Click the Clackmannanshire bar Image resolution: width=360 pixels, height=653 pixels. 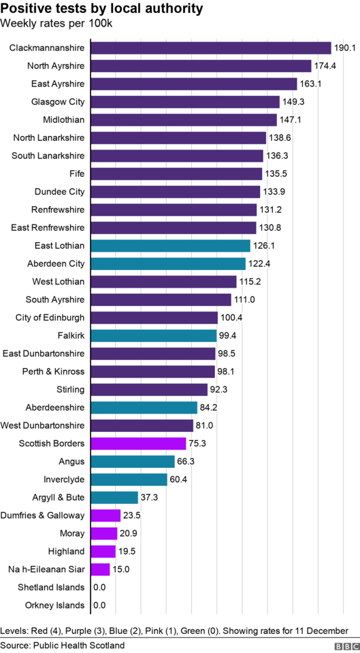(x=211, y=48)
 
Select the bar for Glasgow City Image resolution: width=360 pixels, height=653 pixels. (x=185, y=101)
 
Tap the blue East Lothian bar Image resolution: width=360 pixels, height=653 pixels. (x=170, y=246)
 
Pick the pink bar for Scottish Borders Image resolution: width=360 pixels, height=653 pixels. (x=138, y=443)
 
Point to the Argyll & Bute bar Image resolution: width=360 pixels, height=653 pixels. (x=114, y=498)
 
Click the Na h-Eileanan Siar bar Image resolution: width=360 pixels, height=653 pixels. (x=101, y=569)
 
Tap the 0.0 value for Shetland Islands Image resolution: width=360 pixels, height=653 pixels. (x=99, y=588)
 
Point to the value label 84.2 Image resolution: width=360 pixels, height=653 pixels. (x=208, y=407)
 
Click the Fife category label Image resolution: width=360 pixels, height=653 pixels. (x=77, y=173)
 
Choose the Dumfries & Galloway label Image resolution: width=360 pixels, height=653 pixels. (x=42, y=516)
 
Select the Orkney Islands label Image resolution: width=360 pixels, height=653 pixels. (x=54, y=605)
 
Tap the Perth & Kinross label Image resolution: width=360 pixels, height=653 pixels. (x=53, y=371)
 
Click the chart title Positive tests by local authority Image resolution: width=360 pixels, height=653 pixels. (x=102, y=8)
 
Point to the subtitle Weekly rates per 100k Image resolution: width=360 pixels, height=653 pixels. (x=56, y=23)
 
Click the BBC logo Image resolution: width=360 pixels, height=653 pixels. (x=346, y=646)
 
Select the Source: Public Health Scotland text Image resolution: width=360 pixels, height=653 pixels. (x=63, y=646)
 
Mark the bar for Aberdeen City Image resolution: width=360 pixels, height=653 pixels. (x=168, y=264)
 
